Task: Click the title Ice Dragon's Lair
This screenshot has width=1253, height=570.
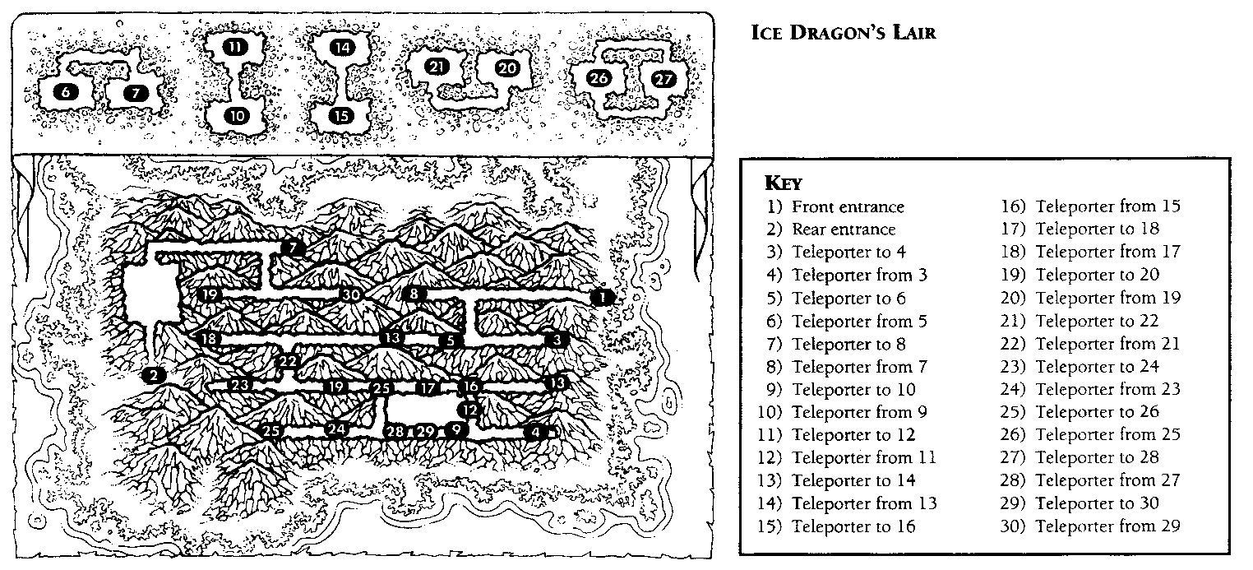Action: coord(843,32)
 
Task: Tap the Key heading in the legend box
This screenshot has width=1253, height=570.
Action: coord(783,183)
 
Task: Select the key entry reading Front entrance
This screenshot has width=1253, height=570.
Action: coord(848,206)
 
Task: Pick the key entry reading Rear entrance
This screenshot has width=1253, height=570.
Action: coord(843,229)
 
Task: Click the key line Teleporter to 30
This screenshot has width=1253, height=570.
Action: coord(1097,503)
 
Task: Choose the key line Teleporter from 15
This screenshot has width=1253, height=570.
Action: coord(1107,206)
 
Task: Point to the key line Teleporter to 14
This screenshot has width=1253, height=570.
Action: coord(853,480)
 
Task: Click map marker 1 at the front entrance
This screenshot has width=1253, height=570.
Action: coord(602,297)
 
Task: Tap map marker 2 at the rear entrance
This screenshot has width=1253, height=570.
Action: coord(154,375)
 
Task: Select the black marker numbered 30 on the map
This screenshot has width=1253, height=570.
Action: coord(351,294)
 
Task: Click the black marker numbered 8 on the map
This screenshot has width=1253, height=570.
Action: coord(414,294)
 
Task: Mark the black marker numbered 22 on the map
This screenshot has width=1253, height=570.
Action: coord(288,361)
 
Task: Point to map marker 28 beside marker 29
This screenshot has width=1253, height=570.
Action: coord(395,431)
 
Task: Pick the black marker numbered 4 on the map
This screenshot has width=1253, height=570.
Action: coord(536,432)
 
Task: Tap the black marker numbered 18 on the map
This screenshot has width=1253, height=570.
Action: coord(209,338)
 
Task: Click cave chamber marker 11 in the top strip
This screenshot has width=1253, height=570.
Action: coord(235,47)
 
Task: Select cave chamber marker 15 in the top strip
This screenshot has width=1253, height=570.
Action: coord(341,116)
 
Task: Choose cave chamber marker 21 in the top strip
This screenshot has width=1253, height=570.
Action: coord(437,67)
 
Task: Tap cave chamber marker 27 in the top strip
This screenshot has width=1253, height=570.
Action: coord(664,79)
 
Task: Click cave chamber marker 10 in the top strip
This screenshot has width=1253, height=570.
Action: coord(237,116)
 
